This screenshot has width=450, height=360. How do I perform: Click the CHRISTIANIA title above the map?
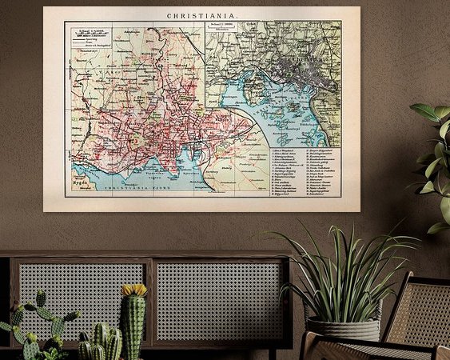click(x=201, y=14)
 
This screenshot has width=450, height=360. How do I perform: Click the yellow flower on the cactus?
click(x=133, y=290)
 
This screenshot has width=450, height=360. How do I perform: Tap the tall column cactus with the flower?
click(x=133, y=324)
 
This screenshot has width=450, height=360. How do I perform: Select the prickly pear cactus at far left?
click(x=36, y=324)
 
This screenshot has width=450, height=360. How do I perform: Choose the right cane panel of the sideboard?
click(x=220, y=300)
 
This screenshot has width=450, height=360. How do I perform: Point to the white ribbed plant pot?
click(x=344, y=328)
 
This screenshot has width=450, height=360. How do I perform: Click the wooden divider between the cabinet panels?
click(x=150, y=300)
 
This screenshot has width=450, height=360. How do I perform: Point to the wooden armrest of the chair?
click(x=368, y=344)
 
